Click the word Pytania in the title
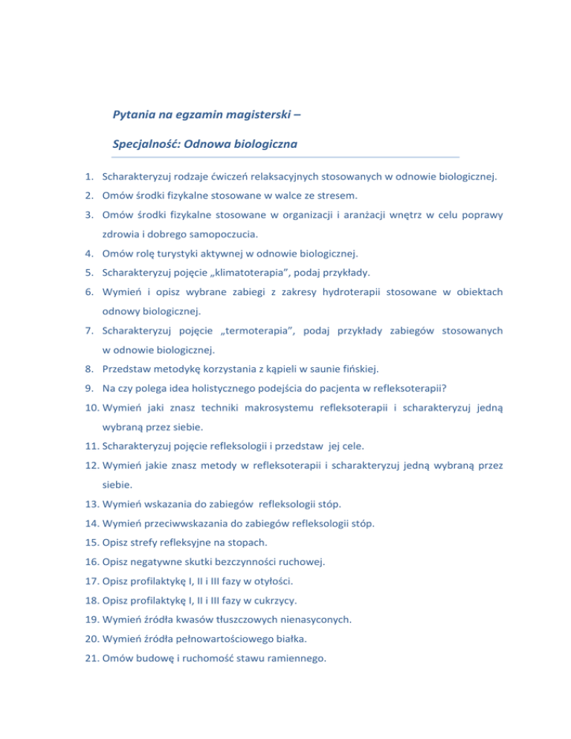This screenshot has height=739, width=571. (x=134, y=115)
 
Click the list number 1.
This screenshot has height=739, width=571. (x=88, y=178)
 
